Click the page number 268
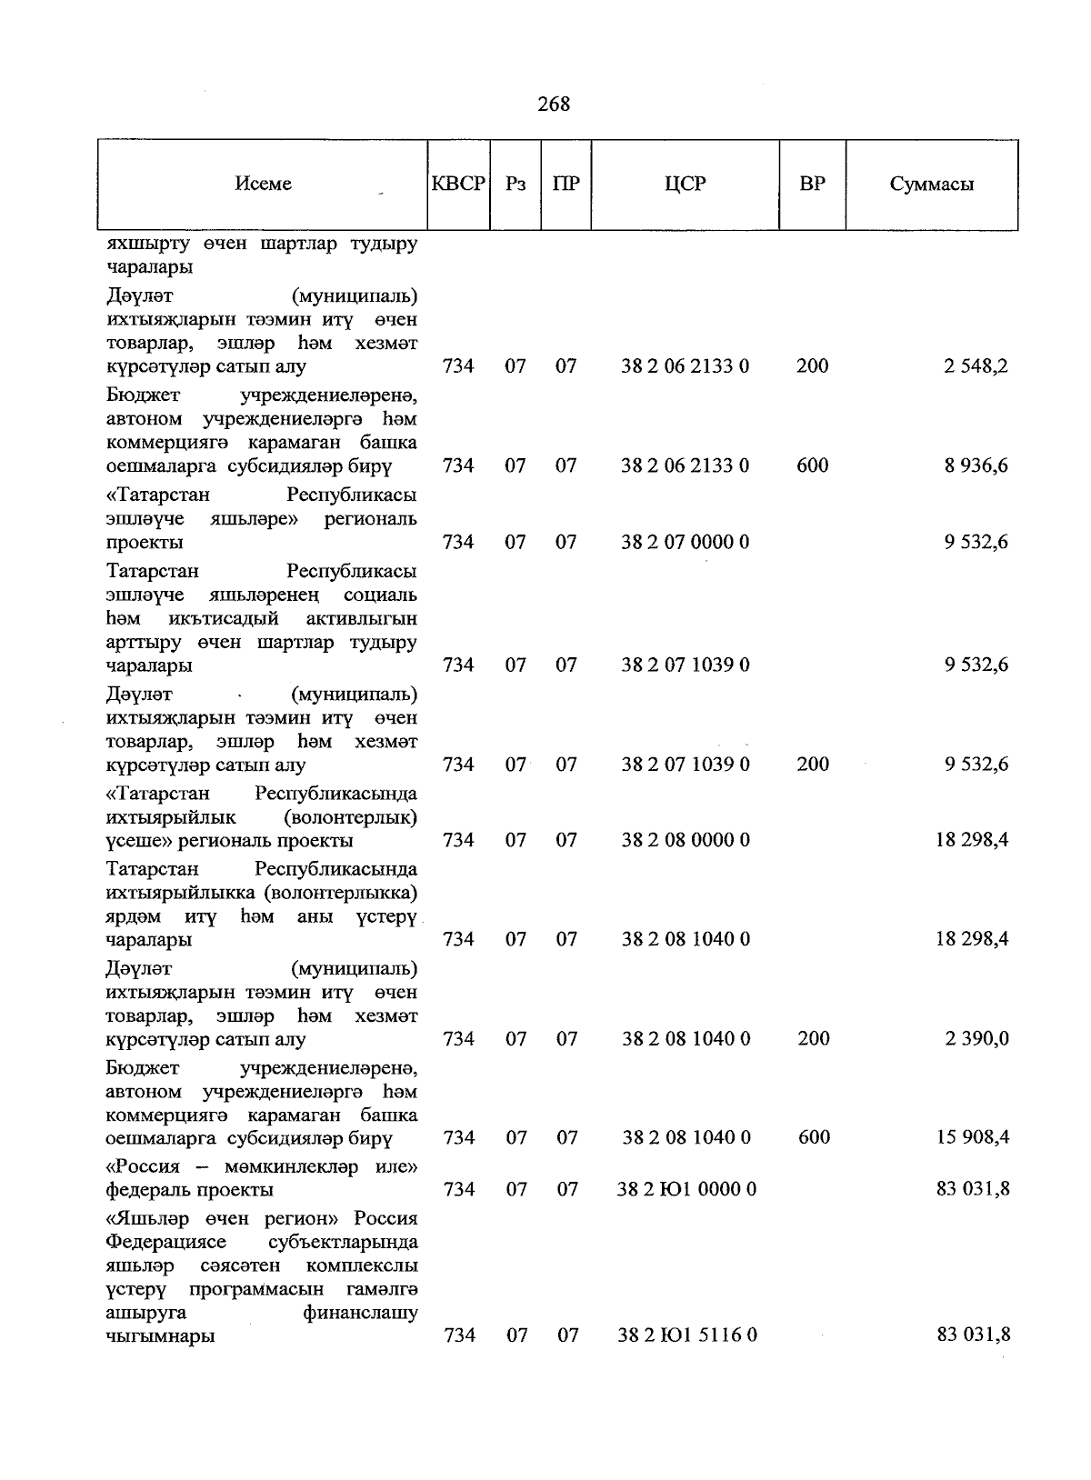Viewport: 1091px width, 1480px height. (x=554, y=105)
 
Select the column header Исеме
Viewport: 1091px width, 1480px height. (x=263, y=184)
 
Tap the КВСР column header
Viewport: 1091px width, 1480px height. (x=458, y=184)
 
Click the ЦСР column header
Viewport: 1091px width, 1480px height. (x=685, y=184)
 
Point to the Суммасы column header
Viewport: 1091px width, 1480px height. (x=931, y=184)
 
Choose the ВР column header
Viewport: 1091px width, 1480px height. (x=812, y=184)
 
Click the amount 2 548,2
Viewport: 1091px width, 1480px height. (x=976, y=366)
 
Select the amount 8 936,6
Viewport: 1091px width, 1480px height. (x=976, y=465)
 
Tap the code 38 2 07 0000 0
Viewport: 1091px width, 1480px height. (x=685, y=542)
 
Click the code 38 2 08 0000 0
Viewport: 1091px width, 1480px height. (x=686, y=840)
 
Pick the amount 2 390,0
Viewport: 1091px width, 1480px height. (x=976, y=1038)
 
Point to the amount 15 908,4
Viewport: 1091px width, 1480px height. (x=972, y=1137)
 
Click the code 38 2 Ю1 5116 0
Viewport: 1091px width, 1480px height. (x=687, y=1335)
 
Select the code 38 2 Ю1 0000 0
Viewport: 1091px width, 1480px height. (x=686, y=1189)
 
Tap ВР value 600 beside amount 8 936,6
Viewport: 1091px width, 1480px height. (x=812, y=465)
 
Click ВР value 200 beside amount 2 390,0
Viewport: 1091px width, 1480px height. (x=813, y=1038)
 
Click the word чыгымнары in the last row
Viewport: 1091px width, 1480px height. (x=160, y=1336)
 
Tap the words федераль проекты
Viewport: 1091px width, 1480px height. (x=189, y=1190)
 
